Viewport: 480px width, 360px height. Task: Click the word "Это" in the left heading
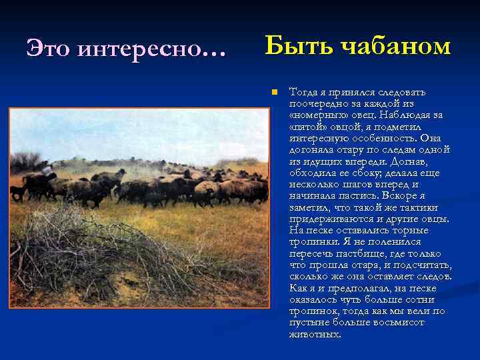pos(47,48)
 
